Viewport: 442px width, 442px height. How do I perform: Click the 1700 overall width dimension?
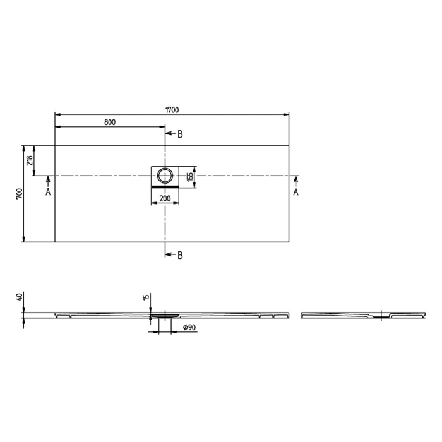pos(172,109)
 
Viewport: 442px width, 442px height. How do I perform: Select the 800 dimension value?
pos(109,122)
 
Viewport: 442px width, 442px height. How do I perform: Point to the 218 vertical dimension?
pos(28,160)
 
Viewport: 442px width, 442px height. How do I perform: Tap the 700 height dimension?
pos(19,193)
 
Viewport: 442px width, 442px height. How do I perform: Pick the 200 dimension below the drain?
pos(165,198)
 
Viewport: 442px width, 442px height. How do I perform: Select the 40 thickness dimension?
pos(19,297)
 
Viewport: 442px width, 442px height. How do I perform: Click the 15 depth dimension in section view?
pos(145,297)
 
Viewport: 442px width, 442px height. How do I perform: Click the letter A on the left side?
pos(48,192)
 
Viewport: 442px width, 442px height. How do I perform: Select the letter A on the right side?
pos(296,192)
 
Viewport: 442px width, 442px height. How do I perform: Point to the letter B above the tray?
pos(180,134)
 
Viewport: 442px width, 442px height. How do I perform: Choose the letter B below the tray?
pos(180,255)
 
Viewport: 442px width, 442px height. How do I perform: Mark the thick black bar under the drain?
pos(165,187)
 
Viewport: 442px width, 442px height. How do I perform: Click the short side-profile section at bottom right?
pos(360,314)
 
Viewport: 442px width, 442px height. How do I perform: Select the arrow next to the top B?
pos(169,134)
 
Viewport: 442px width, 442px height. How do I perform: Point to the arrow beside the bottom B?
pos(169,255)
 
